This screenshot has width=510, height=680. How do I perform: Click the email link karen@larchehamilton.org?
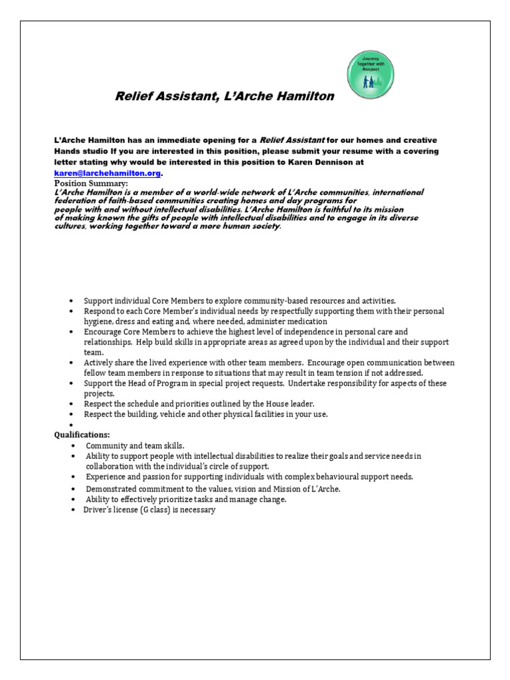[107, 173]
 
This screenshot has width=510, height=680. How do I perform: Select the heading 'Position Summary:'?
[91, 183]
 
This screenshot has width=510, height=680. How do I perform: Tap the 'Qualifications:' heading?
[82, 434]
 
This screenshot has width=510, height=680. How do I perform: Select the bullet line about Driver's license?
[149, 510]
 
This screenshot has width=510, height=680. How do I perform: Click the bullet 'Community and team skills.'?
[135, 446]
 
